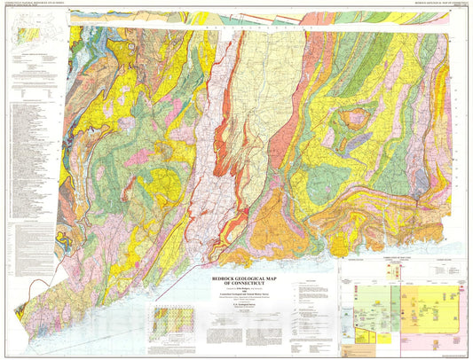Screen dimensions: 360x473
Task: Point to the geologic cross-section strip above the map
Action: click(x=266, y=16)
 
